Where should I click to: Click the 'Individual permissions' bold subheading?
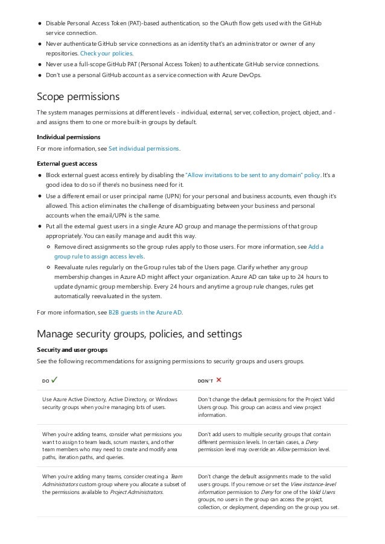coord(68,137)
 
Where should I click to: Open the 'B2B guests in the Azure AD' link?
coord(145,312)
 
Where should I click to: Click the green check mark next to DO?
coord(55,380)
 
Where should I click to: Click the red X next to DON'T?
coord(218,380)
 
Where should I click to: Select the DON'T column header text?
coord(205,381)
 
